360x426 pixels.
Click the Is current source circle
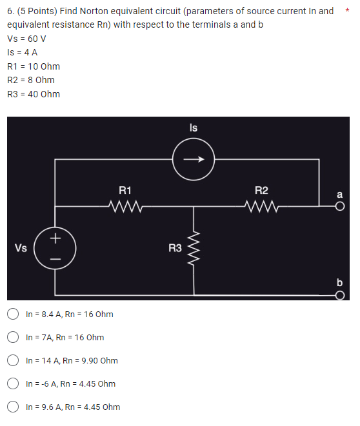pyautogui.click(x=194, y=159)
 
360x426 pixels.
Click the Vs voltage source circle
pyautogui.click(x=55, y=247)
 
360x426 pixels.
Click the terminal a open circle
pyautogui.click(x=340, y=206)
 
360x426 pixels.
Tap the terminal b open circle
pyautogui.click(x=340, y=296)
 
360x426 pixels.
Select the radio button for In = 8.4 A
pyautogui.click(x=13, y=315)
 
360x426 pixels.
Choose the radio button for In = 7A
pyautogui.click(x=13, y=338)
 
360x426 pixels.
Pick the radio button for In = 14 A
pyautogui.click(x=13, y=361)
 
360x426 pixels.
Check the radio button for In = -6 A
pyautogui.click(x=13, y=384)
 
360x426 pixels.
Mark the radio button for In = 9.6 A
pyautogui.click(x=13, y=407)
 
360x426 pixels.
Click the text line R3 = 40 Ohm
pyautogui.click(x=34, y=94)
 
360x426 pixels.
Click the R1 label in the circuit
pyautogui.click(x=125, y=190)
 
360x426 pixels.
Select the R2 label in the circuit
pyautogui.click(x=261, y=190)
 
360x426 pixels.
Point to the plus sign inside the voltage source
pyautogui.click(x=55, y=238)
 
